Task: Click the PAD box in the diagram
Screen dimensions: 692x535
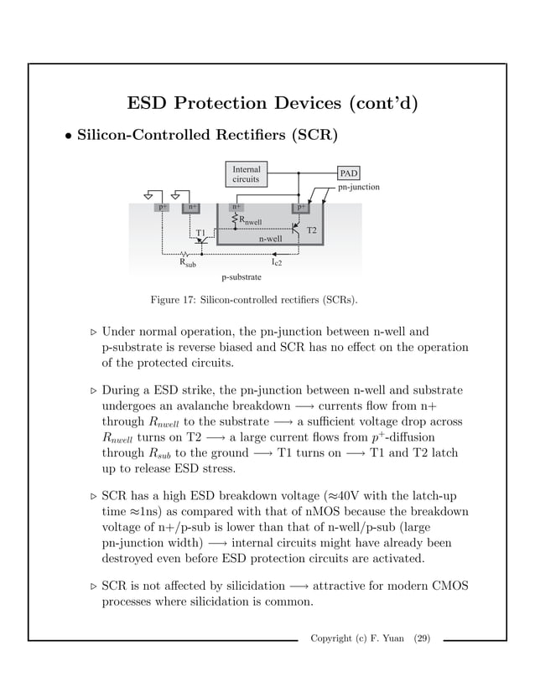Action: click(x=349, y=173)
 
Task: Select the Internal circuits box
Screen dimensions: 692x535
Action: click(x=246, y=173)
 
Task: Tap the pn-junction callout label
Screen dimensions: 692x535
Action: click(x=358, y=188)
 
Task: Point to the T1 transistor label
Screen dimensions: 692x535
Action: click(x=201, y=232)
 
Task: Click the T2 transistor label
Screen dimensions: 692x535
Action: click(x=311, y=230)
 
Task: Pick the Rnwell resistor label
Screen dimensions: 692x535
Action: click(x=251, y=220)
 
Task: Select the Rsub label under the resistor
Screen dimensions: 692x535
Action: click(x=188, y=262)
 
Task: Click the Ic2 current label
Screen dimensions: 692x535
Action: click(x=276, y=262)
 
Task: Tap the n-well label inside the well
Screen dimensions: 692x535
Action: click(x=271, y=238)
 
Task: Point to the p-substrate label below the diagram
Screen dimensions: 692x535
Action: click(x=242, y=276)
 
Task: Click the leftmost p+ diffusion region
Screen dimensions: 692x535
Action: click(x=162, y=206)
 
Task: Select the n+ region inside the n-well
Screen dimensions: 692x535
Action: click(x=236, y=206)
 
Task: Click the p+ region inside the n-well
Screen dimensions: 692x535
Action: click(x=299, y=206)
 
